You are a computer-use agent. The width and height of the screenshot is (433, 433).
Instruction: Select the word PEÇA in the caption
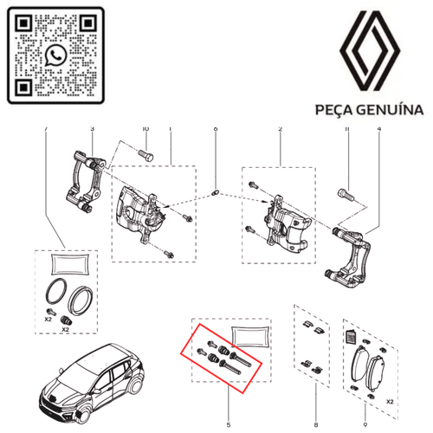pos(330,111)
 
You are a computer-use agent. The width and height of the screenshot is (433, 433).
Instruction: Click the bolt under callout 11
pos(348,193)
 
